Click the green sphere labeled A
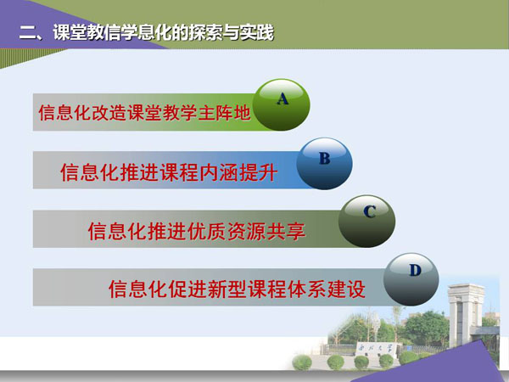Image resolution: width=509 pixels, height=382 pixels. point(282,105)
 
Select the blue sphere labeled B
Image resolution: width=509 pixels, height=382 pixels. point(324,164)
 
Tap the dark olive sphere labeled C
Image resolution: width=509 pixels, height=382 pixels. point(366,222)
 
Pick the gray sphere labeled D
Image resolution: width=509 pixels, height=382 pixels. point(411,279)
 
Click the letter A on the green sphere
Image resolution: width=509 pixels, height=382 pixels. point(282,98)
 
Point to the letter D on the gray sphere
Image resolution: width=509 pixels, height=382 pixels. point(415,270)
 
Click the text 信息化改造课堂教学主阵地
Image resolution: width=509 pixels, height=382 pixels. point(144,113)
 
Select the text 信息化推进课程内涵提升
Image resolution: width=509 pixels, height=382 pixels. point(169,172)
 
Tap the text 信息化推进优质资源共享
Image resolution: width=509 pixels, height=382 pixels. point(197,231)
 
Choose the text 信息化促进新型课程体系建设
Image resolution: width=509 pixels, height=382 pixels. point(237,289)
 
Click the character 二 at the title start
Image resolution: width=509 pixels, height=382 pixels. point(28,33)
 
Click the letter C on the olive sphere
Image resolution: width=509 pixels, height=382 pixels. point(370,211)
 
